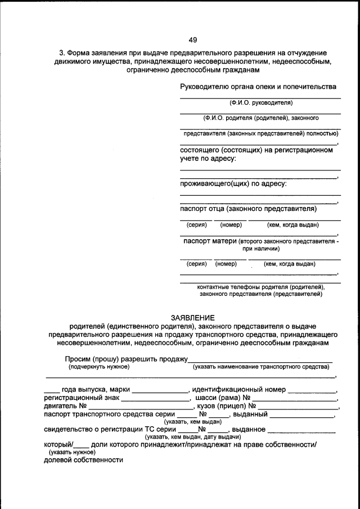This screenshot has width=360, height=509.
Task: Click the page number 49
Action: pos(192,39)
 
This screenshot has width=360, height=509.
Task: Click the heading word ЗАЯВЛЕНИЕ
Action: pos(192,318)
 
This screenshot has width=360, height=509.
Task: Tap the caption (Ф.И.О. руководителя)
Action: pos(260,102)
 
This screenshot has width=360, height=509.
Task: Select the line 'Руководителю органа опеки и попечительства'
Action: pos(258,87)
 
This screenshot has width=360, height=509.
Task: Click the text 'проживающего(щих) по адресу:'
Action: pos(233,183)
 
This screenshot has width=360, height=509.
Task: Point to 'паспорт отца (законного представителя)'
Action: pos(248,209)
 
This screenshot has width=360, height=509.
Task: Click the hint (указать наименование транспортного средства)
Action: pos(260,367)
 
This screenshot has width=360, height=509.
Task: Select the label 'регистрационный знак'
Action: pos(81,398)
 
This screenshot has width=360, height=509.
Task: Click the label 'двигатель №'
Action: pos(65,406)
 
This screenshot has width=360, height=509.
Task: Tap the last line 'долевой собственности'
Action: pos(83,460)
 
